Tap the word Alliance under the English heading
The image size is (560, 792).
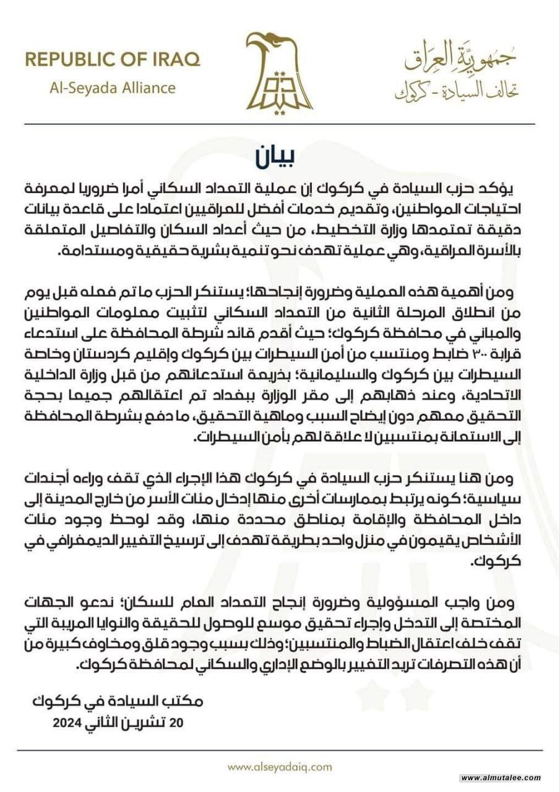pyautogui.click(x=146, y=88)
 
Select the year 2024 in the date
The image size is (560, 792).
pyautogui.click(x=67, y=721)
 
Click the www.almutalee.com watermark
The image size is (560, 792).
pyautogui.click(x=502, y=778)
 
